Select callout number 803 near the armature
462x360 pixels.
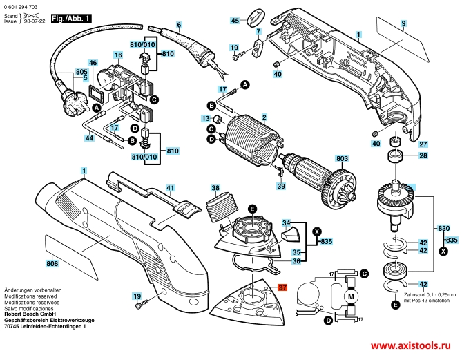341,158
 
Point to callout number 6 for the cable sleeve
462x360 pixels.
179,26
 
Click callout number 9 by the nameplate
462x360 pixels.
403,25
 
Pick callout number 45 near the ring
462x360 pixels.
234,21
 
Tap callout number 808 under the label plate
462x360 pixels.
52,263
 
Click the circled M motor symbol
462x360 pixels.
349,297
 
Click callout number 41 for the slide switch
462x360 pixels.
171,187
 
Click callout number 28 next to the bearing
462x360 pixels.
423,156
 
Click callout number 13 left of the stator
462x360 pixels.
205,119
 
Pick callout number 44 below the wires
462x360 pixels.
89,138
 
